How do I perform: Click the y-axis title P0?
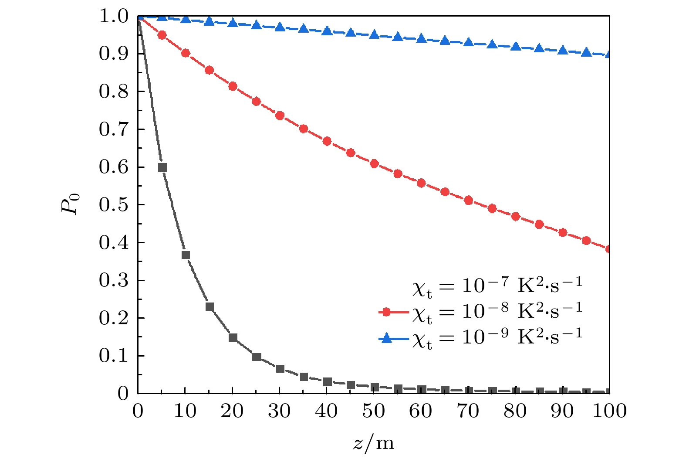tap(70, 204)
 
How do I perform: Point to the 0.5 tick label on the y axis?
tap(114, 205)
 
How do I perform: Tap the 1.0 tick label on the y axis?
tap(114, 17)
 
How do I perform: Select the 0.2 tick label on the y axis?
tap(114, 318)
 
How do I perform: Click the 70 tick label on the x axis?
tap(468, 411)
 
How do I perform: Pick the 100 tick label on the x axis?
tap(609, 411)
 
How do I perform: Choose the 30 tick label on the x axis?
tap(279, 411)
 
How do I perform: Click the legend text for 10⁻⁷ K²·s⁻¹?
tap(497, 286)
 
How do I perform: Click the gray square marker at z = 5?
tap(162, 167)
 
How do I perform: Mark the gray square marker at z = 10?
tap(186, 255)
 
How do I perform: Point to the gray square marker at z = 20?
tap(233, 337)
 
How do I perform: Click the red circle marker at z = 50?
tap(374, 164)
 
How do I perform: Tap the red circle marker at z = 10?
tap(186, 53)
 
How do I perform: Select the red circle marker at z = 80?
tap(516, 217)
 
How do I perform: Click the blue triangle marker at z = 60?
tap(421, 38)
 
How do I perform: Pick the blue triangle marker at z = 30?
tap(280, 27)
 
